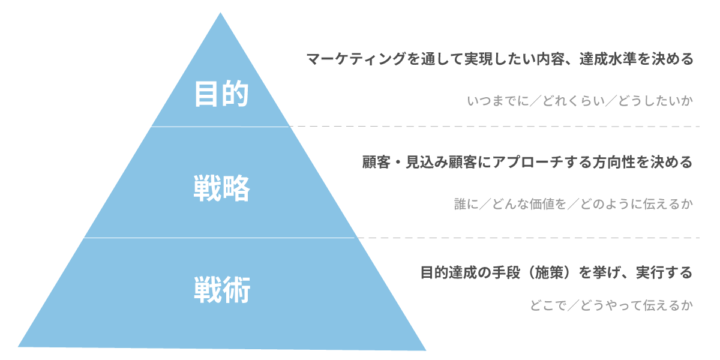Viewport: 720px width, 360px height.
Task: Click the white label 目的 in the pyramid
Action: pos(221,94)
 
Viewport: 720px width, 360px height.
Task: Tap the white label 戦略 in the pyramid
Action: pos(222,188)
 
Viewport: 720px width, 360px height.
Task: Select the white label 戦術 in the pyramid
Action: pos(222,290)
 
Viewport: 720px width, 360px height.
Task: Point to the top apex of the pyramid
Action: pos(220,13)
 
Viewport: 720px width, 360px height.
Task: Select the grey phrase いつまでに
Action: pos(498,101)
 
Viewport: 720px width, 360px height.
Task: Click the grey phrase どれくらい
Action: pos(574,101)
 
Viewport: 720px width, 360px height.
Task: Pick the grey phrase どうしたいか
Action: pos(655,101)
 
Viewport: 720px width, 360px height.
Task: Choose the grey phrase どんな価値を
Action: pos(529,204)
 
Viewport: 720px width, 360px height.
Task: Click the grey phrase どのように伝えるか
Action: pos(637,204)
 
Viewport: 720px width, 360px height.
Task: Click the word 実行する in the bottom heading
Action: pos(664,272)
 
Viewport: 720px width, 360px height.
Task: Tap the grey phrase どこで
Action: pos(548,305)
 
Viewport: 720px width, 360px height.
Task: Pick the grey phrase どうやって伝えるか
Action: pos(637,305)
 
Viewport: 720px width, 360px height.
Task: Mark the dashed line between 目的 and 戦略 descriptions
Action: pos(494,127)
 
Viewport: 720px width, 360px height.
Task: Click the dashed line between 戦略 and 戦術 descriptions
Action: pos(529,238)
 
